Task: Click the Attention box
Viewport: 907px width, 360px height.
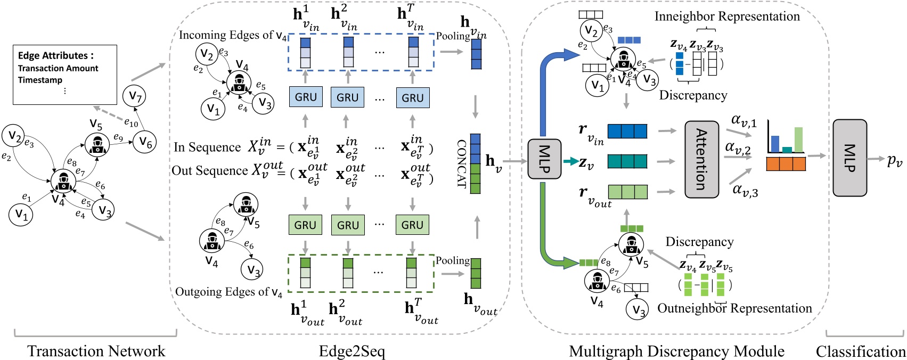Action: [x=701, y=159]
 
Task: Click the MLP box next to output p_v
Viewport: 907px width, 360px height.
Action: [x=849, y=158]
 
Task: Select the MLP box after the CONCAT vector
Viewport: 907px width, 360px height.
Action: [x=544, y=159]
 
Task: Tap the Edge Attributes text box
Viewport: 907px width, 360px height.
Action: [x=64, y=75]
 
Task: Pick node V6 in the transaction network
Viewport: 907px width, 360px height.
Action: [x=145, y=142]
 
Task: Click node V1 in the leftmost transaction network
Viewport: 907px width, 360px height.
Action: [x=21, y=214]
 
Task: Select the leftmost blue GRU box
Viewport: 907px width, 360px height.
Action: [x=306, y=97]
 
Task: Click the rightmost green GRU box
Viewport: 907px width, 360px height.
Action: [x=412, y=225]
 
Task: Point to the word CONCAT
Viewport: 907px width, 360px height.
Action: [x=461, y=163]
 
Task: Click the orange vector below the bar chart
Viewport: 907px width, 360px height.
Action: [x=786, y=164]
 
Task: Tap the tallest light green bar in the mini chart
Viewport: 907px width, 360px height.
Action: [x=798, y=140]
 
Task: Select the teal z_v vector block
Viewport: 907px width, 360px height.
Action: [x=627, y=161]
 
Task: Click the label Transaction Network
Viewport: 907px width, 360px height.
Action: [x=96, y=351]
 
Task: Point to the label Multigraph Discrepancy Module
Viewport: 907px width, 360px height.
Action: [x=676, y=351]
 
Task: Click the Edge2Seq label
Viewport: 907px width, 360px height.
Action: [x=352, y=351]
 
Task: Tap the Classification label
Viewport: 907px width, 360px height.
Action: [x=860, y=351]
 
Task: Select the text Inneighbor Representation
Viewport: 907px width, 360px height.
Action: [x=727, y=17]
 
